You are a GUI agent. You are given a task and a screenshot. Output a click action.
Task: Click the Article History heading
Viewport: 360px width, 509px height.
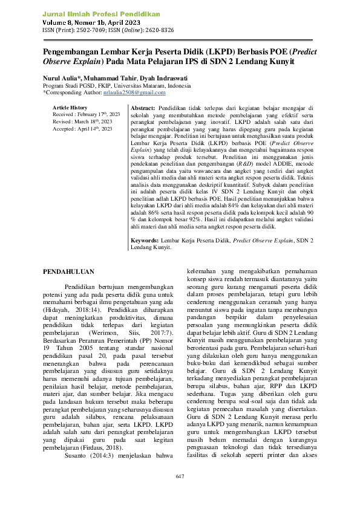(70, 107)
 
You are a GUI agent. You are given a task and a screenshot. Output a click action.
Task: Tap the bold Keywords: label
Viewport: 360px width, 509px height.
(146, 240)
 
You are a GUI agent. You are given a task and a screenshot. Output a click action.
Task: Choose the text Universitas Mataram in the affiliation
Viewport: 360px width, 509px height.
(140, 86)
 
